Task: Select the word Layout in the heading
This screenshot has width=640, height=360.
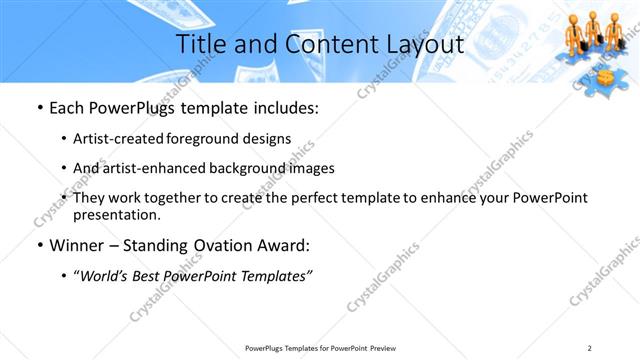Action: (421, 45)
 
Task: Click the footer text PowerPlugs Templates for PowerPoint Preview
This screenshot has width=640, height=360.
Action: (319, 348)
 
